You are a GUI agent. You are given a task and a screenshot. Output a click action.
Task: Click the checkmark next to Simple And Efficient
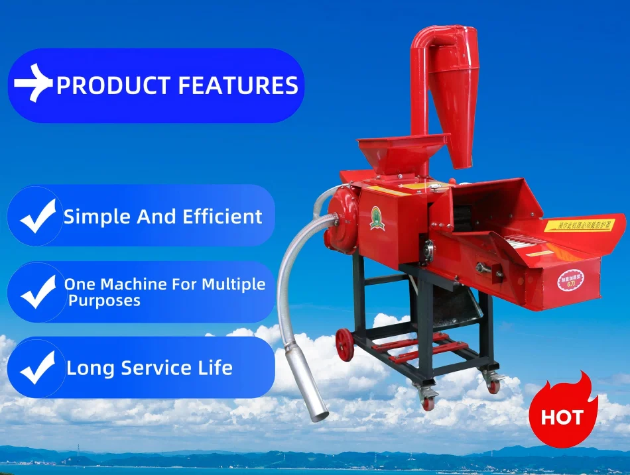point(37,216)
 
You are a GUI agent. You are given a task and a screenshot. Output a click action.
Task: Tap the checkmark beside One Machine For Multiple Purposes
point(37,292)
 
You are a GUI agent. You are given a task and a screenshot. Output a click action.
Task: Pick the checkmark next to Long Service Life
point(37,368)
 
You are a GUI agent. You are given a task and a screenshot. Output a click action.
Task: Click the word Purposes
point(104,301)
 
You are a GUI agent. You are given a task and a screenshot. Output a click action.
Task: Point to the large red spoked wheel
point(345,344)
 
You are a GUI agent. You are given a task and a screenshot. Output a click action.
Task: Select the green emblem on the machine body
point(377,218)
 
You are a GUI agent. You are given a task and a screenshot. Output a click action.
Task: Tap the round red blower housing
point(342,219)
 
